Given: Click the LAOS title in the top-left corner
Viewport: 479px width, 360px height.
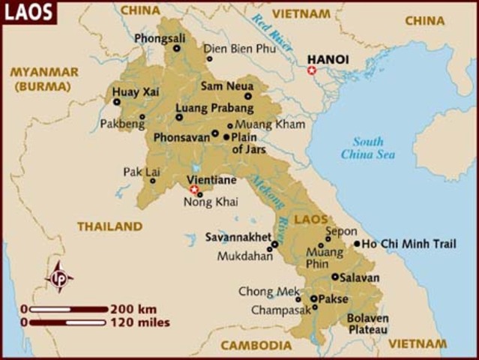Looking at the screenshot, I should (x=28, y=12).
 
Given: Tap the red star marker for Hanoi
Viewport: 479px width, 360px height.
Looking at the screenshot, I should (x=312, y=70).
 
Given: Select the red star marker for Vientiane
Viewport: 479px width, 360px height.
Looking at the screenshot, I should (x=194, y=190).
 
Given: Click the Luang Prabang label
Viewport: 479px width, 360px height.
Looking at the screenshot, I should (x=204, y=108).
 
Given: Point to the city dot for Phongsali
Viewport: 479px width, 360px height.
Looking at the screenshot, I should (x=177, y=49).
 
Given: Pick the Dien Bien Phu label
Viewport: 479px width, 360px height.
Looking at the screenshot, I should (x=244, y=48).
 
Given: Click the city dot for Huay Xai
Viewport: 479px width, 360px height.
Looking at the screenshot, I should (x=116, y=102).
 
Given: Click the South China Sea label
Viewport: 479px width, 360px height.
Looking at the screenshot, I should (x=367, y=148).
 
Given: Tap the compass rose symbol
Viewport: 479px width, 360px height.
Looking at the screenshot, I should (x=58, y=277).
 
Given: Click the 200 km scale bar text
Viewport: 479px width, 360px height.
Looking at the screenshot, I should (x=133, y=309).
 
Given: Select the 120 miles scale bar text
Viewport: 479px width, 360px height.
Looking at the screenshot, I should (x=139, y=322).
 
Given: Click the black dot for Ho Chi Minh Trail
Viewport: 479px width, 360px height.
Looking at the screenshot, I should (x=357, y=244).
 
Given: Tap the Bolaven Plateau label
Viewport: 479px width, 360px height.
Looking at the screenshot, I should (x=367, y=323).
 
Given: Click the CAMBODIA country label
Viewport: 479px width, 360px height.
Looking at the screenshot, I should (x=256, y=345).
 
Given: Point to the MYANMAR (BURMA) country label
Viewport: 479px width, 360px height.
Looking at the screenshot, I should (x=43, y=77).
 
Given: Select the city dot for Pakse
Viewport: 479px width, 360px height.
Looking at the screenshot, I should (x=314, y=298).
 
